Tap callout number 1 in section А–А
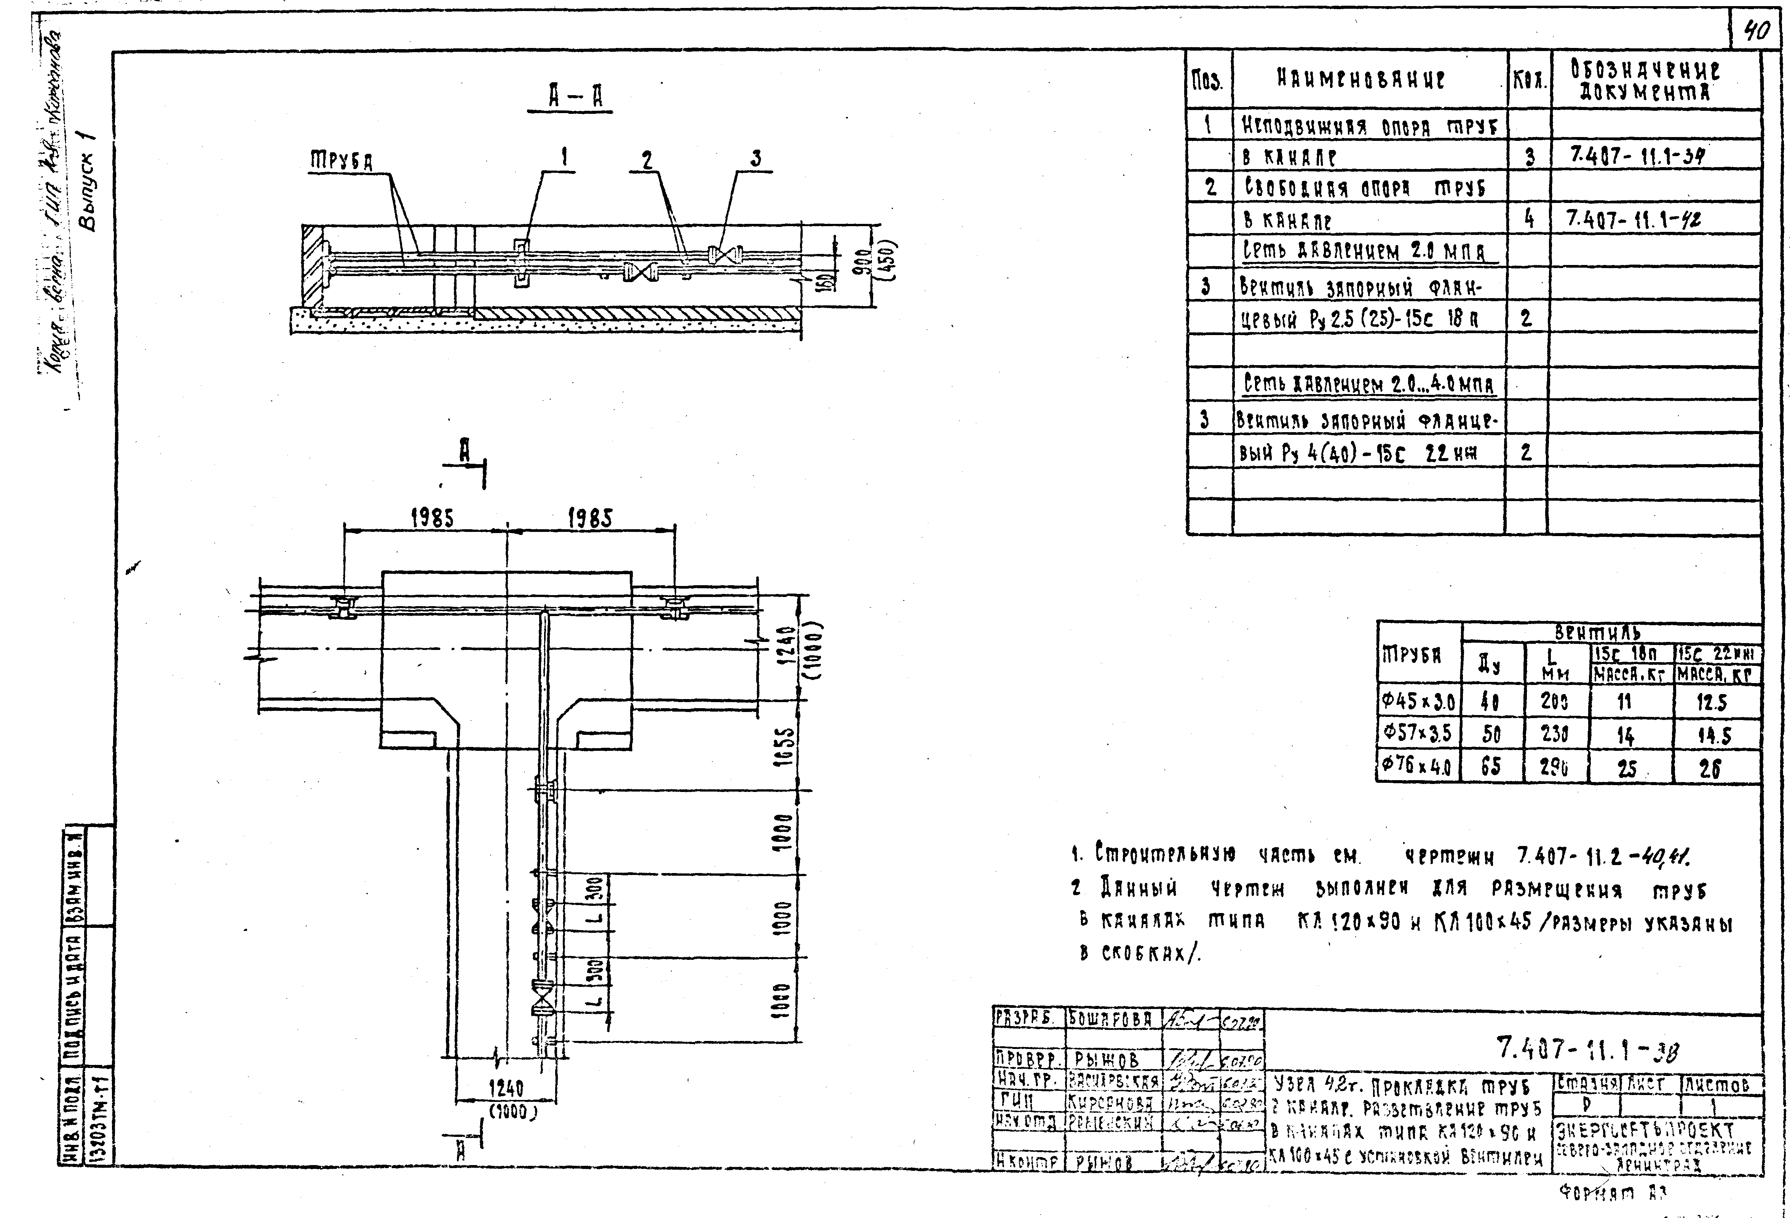click(x=565, y=158)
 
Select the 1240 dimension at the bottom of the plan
click(x=506, y=1088)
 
